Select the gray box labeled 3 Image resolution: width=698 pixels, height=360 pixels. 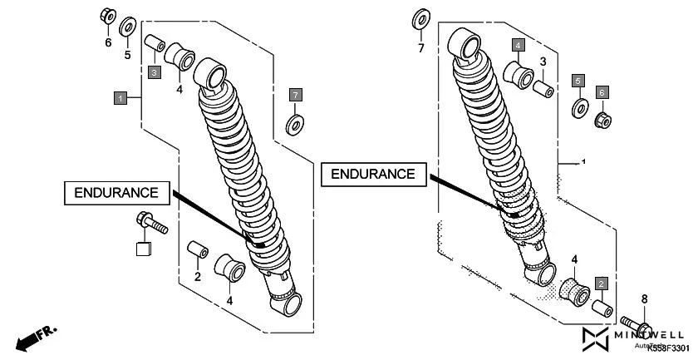coord(155,73)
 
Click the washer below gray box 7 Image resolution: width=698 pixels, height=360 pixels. coord(294,126)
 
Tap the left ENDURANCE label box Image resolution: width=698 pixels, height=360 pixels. coord(116,192)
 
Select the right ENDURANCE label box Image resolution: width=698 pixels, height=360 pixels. coord(373,174)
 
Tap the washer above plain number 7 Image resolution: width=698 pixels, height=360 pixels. coord(420,19)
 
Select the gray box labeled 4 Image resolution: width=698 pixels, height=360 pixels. coord(518,44)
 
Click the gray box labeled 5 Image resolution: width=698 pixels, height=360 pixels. coord(578,81)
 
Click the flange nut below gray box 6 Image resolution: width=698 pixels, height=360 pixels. coord(602,121)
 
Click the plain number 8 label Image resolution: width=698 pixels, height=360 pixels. coord(643,298)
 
